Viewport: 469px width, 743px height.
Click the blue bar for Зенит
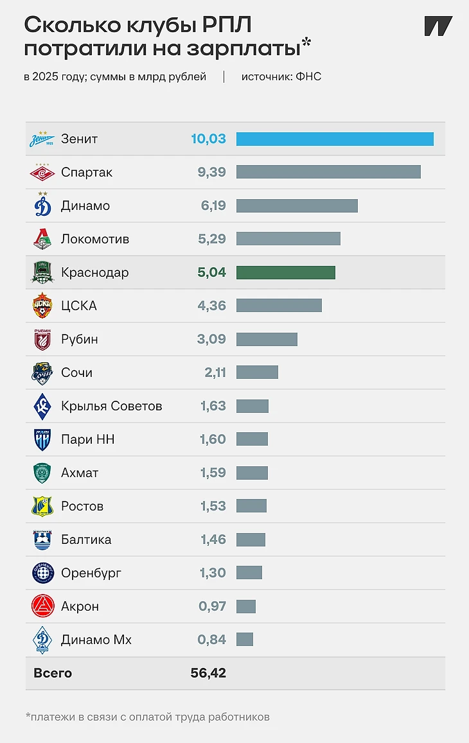click(x=335, y=139)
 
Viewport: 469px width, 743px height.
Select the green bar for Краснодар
click(x=286, y=272)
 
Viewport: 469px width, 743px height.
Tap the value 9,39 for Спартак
click(x=211, y=172)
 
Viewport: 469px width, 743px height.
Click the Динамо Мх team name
click(x=96, y=640)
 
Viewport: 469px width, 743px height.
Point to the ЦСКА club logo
click(x=42, y=306)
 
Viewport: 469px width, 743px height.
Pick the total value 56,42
click(x=208, y=673)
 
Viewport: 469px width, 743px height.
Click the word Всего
click(x=53, y=673)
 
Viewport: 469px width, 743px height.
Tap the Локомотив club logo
click(x=42, y=239)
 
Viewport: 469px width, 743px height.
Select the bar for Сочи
click(x=258, y=372)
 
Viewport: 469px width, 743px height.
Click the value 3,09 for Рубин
click(x=211, y=339)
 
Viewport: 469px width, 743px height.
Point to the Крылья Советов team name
click(x=111, y=406)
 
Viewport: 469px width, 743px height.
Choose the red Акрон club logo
click(x=42, y=606)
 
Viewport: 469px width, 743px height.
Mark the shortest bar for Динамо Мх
click(x=245, y=640)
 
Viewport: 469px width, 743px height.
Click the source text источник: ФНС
click(x=281, y=77)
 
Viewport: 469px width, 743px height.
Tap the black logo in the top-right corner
click(x=438, y=26)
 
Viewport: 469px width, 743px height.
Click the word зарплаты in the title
click(x=243, y=49)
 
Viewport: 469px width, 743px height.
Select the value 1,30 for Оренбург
click(x=213, y=573)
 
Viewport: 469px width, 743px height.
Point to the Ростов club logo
click(x=42, y=506)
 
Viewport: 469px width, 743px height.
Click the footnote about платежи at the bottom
click(x=148, y=717)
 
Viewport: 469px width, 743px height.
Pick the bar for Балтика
click(x=251, y=539)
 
